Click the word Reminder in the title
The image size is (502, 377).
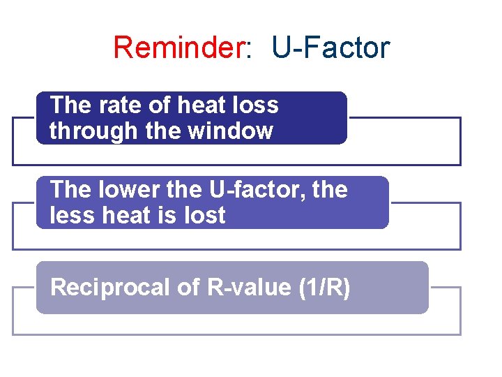[x=177, y=47]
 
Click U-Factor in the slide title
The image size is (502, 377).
[x=330, y=47]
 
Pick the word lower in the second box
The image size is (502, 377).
[x=125, y=190]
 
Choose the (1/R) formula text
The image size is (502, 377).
[x=324, y=287]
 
